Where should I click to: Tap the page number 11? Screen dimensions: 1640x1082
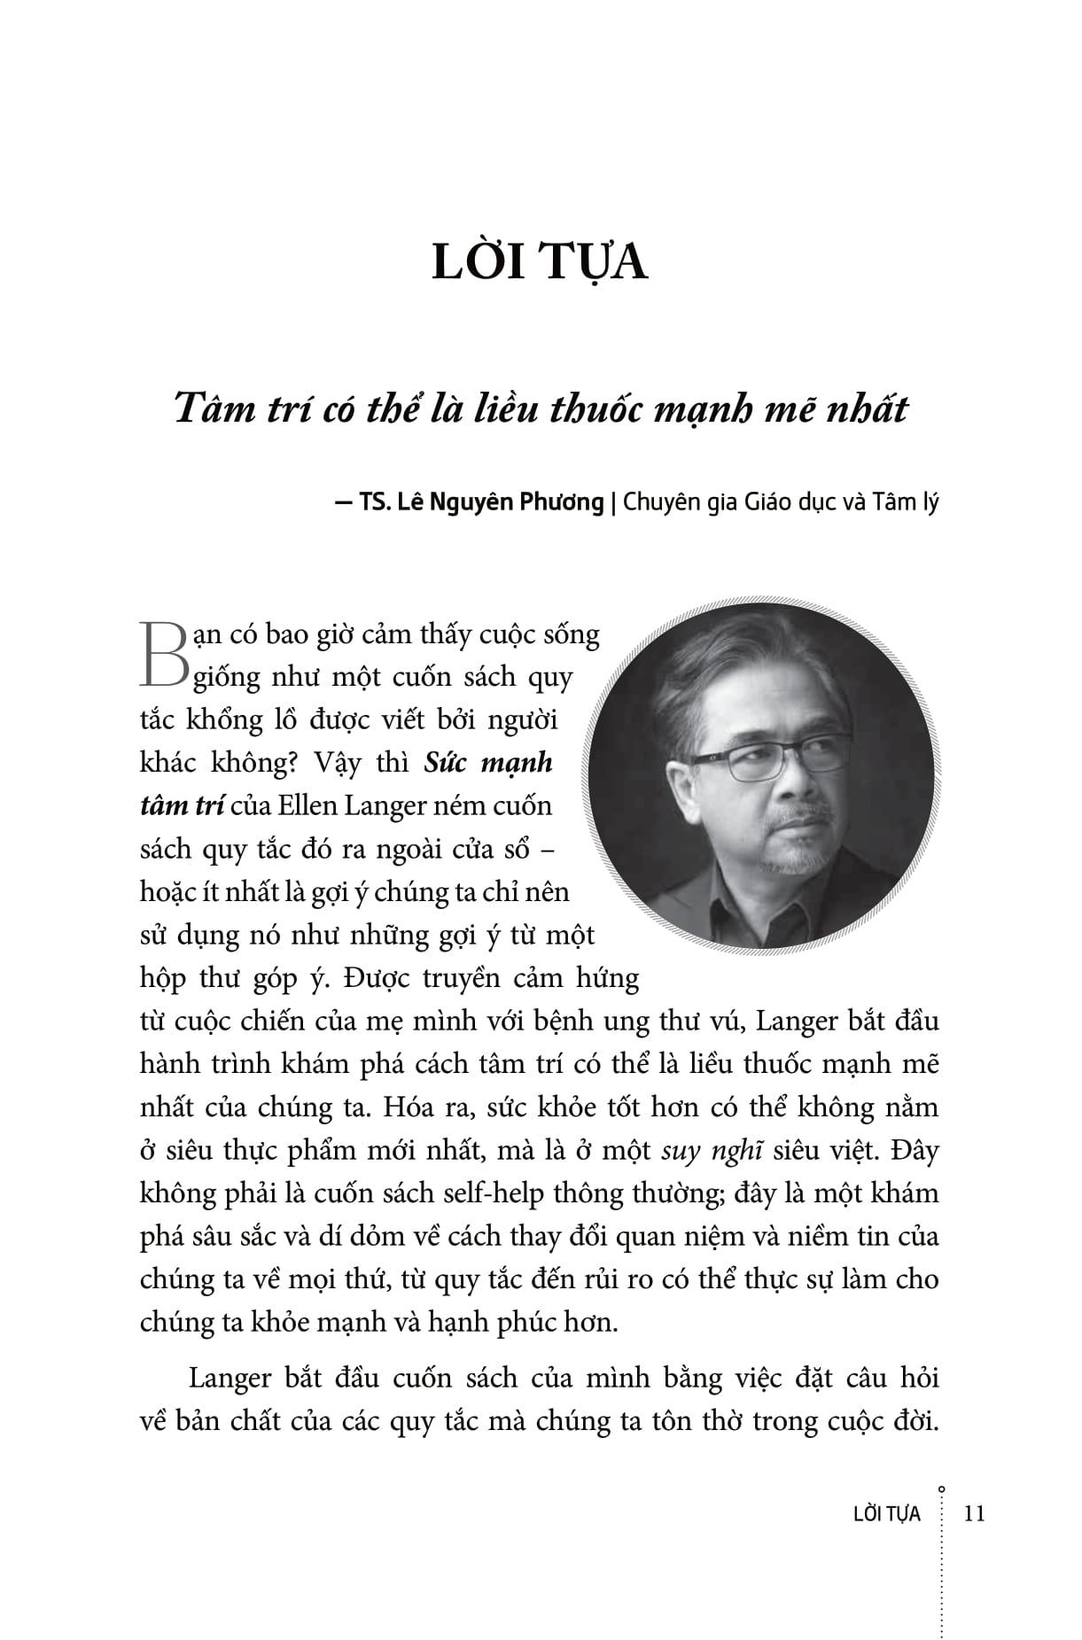point(973,1513)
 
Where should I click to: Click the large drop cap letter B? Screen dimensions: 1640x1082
point(163,653)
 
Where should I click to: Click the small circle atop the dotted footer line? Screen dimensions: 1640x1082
point(941,1490)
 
